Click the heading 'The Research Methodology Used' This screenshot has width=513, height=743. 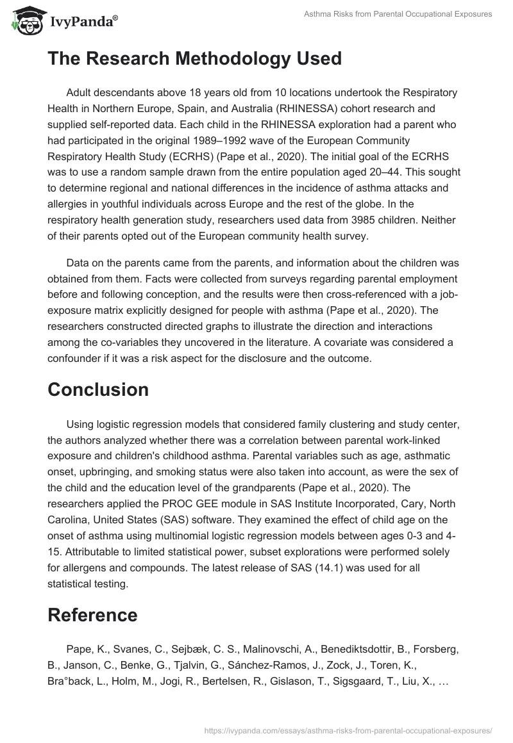click(x=194, y=58)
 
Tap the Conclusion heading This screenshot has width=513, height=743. click(x=98, y=389)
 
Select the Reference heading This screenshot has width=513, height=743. click(x=92, y=615)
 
